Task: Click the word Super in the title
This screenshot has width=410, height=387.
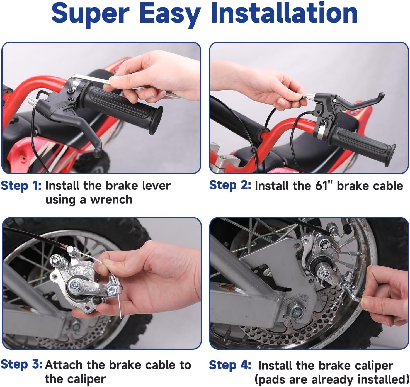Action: click(90, 13)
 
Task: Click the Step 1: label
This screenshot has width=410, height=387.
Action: click(21, 186)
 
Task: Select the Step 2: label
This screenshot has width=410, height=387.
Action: click(230, 185)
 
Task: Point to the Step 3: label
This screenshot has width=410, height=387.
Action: click(21, 364)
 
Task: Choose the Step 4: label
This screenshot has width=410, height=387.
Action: click(230, 365)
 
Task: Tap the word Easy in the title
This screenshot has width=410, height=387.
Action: click(170, 13)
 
